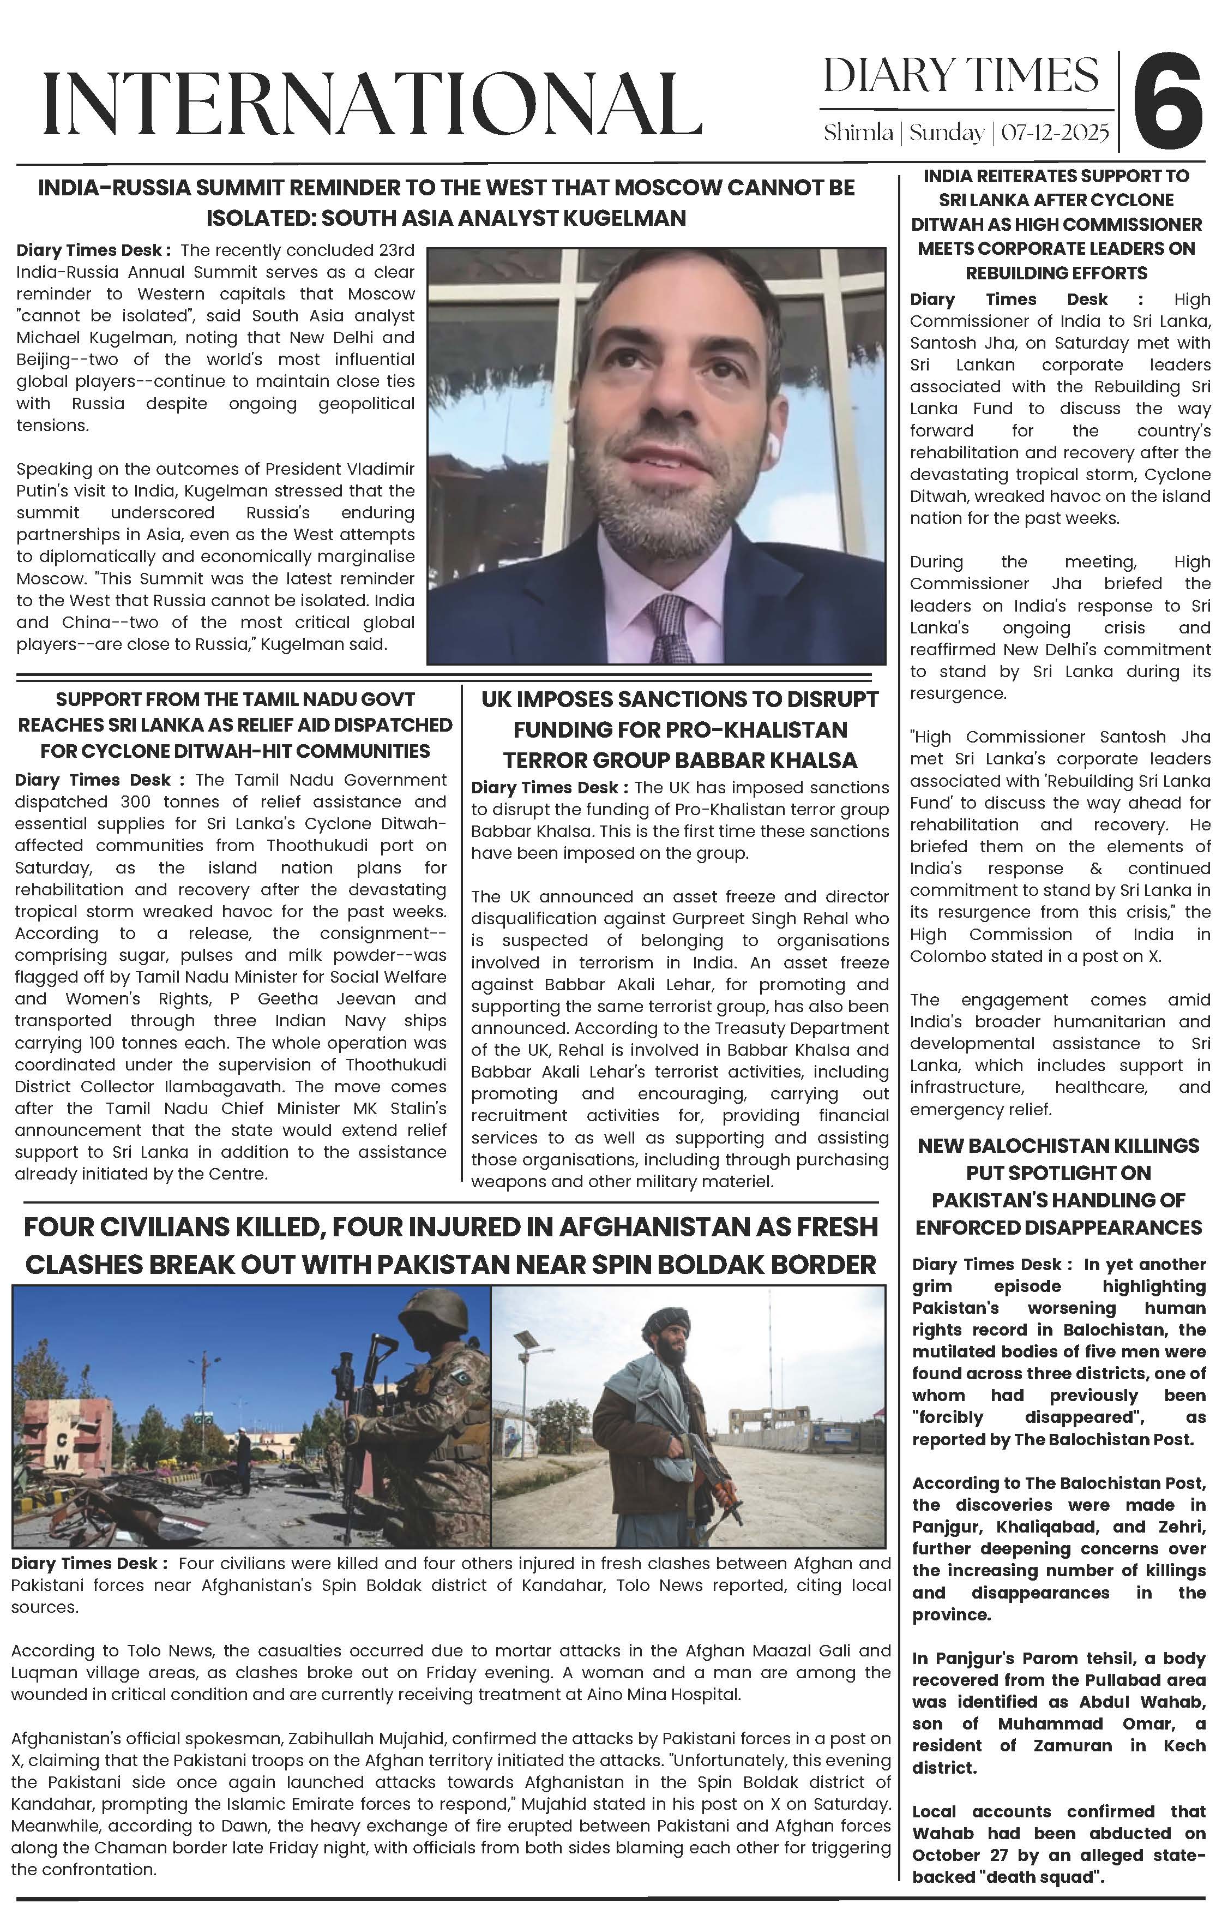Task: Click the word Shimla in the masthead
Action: pos(858,132)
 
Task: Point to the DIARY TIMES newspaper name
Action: pos(960,76)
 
